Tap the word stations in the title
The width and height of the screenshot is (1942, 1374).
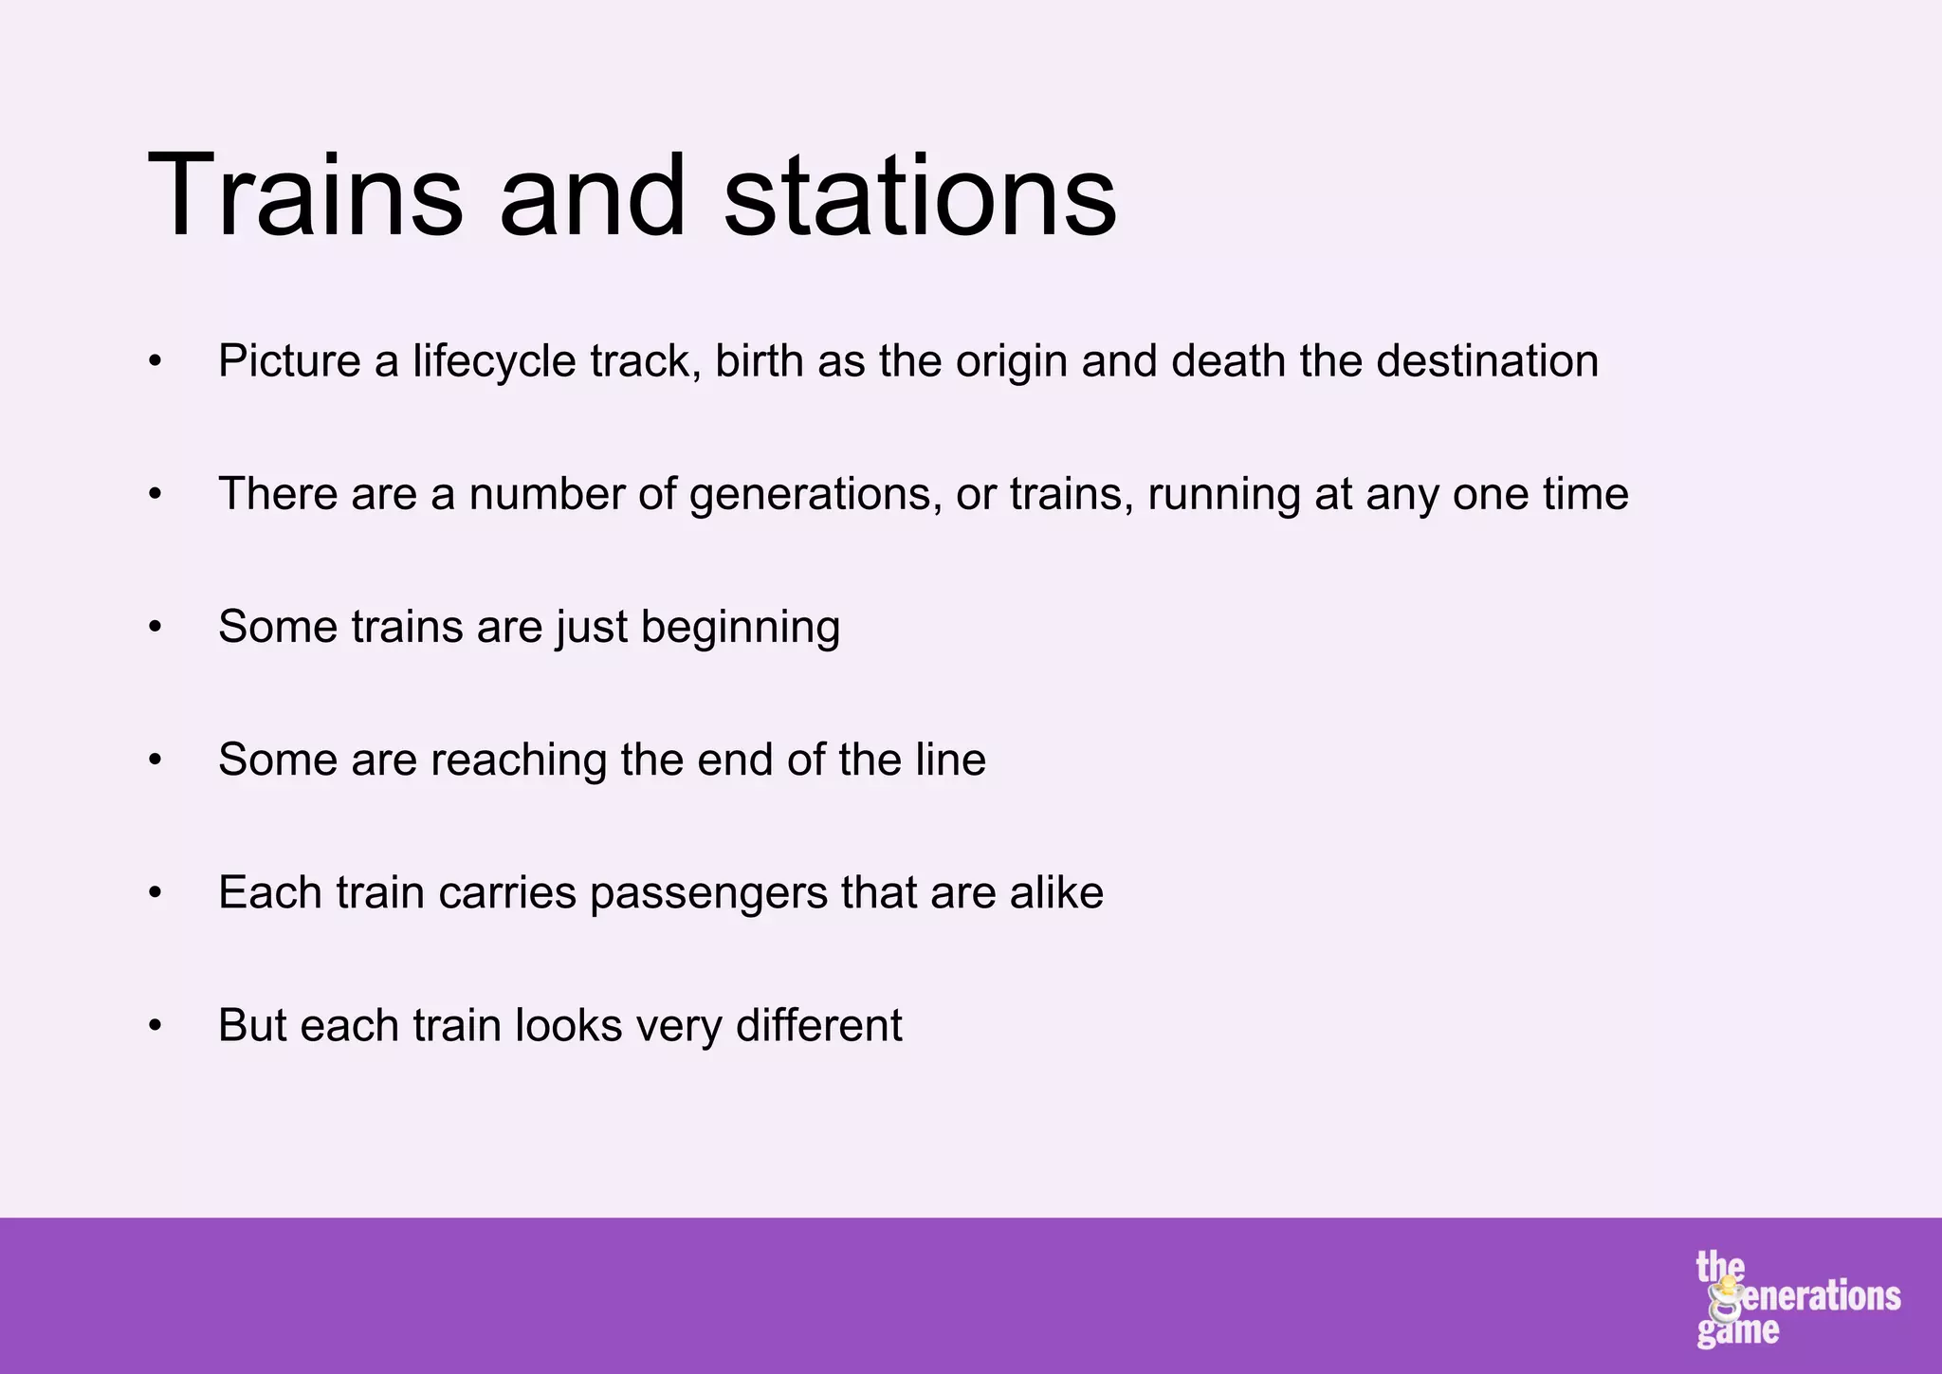click(920, 196)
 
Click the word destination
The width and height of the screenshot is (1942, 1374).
click(1487, 361)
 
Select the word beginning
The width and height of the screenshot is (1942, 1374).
click(740, 628)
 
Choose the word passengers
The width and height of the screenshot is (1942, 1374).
click(708, 893)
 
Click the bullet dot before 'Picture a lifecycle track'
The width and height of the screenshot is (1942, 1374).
click(156, 362)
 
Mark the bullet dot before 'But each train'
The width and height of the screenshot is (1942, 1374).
click(156, 1026)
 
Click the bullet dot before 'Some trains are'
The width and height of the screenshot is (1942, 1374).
click(156, 628)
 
